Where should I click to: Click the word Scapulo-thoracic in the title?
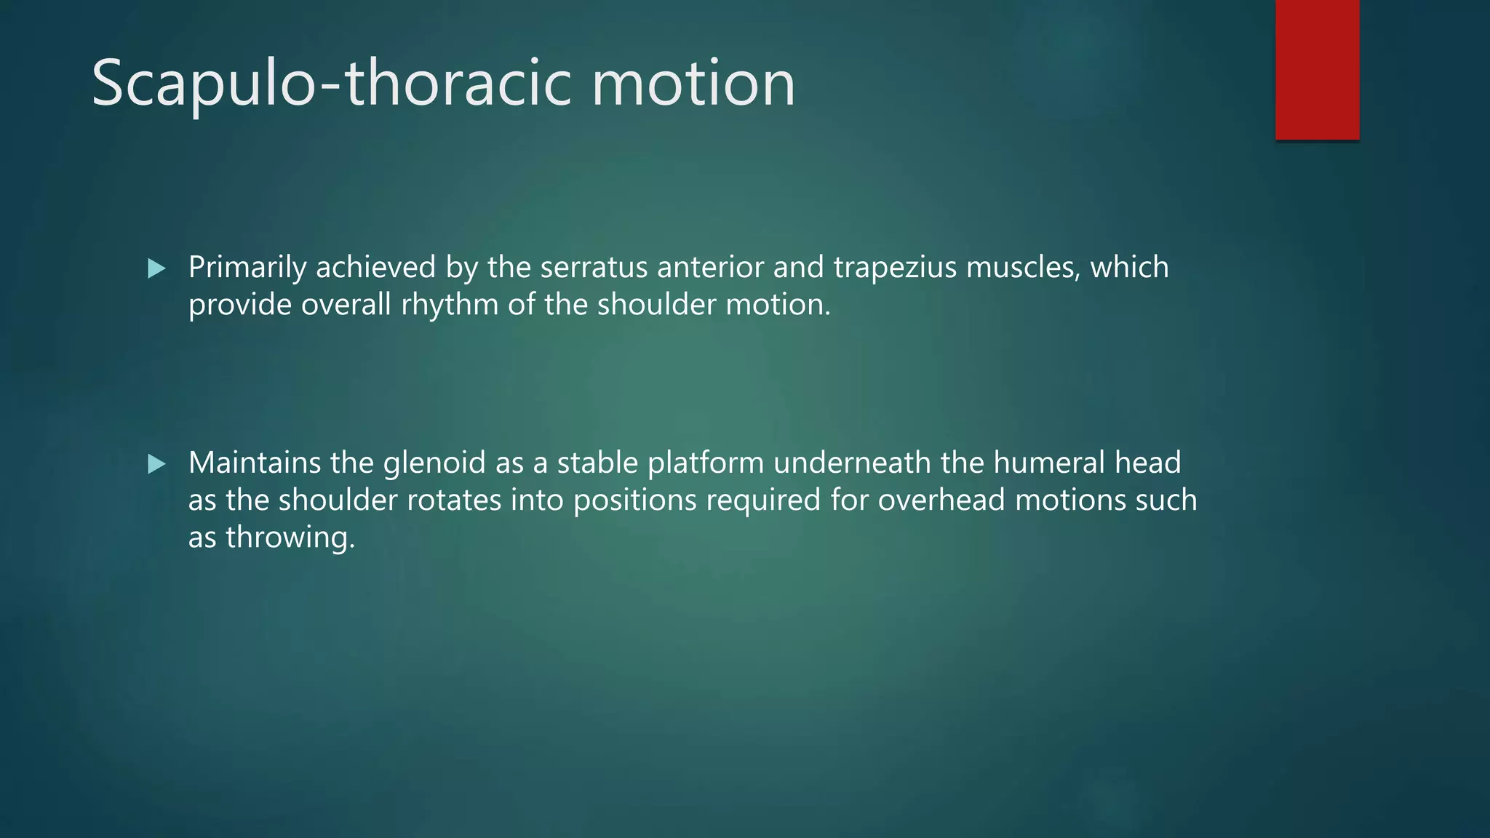pos(332,84)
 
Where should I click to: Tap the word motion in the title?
pos(693,84)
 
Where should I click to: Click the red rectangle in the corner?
pos(1317,69)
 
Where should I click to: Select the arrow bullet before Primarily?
pos(156,269)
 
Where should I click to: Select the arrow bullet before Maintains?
pos(156,464)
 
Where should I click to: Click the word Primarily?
pos(247,268)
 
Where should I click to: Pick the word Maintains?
pos(255,463)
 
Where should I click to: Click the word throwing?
pos(290,538)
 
